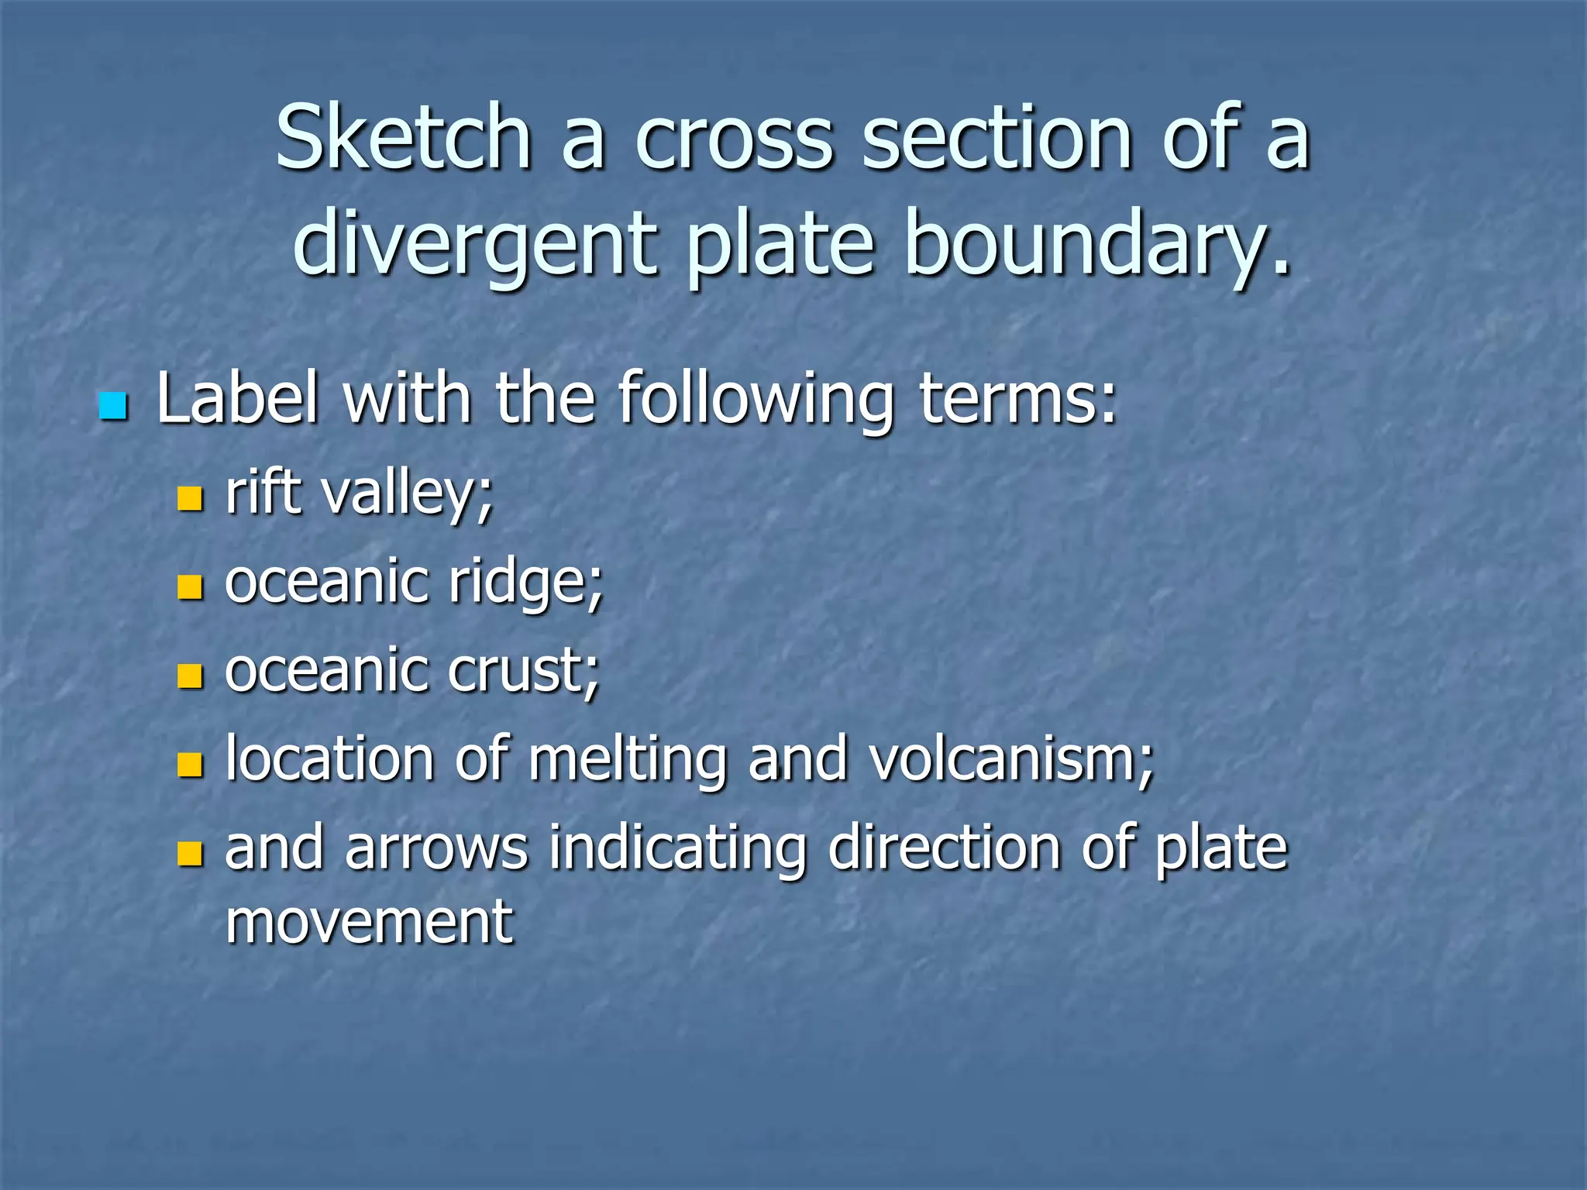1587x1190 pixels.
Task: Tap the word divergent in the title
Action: click(475, 244)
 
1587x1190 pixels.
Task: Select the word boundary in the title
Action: click(1096, 244)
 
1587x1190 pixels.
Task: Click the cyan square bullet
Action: click(113, 406)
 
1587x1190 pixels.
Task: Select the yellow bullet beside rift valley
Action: click(190, 498)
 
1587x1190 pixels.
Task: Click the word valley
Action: click(408, 494)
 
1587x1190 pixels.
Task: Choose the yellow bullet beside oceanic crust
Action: click(190, 676)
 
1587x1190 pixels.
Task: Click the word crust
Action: click(523, 670)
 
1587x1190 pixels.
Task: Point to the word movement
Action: click(369, 922)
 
